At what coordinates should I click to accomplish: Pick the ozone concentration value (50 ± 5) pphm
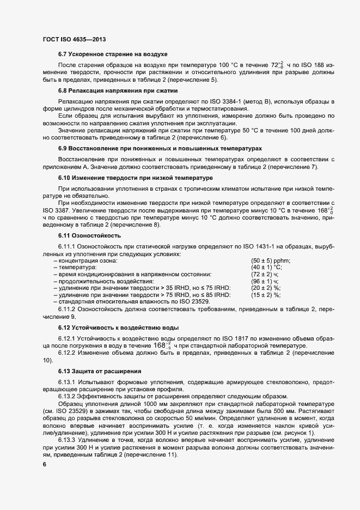pos(271,260)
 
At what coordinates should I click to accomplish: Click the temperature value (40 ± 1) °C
pos(266,268)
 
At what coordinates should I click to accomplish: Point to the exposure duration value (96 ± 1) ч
pos(264,281)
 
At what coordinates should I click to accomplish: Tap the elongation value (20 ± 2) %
pos(265,288)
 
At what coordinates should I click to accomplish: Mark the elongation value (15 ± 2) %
pos(265,295)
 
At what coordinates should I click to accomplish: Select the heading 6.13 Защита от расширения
pos(100,372)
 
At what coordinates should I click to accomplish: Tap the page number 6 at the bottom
pos(45,465)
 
